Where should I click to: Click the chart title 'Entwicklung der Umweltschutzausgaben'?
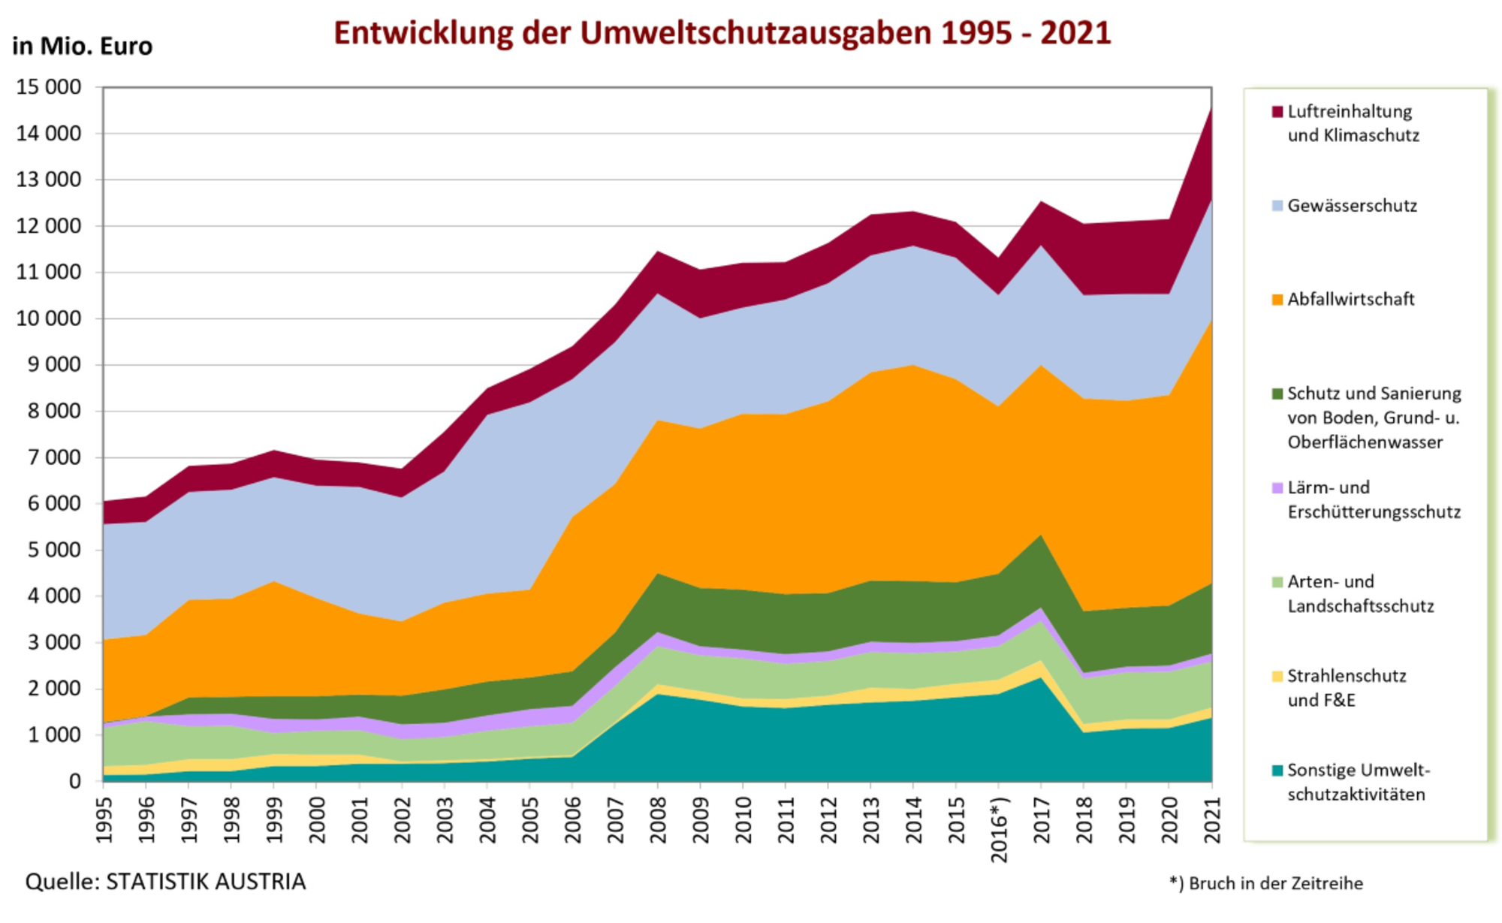pos(722,33)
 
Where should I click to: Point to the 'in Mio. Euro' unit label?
pos(82,47)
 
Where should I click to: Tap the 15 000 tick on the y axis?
pos(49,87)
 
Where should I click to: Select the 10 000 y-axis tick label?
pos(49,318)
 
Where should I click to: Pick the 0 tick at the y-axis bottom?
pos(74,781)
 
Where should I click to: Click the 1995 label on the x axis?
pos(104,819)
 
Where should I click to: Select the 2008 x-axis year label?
pos(658,819)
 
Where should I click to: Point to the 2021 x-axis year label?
pos(1211,819)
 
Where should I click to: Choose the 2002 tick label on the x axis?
pos(403,819)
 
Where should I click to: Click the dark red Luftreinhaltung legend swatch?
pos(1277,112)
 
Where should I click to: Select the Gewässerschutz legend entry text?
pos(1352,206)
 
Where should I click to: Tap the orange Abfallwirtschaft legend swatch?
pos(1277,300)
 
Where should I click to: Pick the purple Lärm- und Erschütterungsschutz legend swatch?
pos(1277,488)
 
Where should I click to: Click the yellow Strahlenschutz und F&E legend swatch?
pos(1277,676)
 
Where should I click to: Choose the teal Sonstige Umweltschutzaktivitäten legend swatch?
pos(1277,771)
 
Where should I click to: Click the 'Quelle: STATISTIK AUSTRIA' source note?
pos(165,882)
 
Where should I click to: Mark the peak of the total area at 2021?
pos(1211,109)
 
